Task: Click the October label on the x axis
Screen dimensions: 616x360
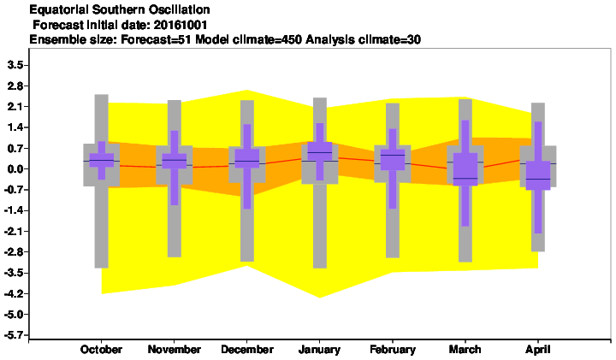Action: tap(101, 350)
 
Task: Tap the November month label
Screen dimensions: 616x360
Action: tap(174, 350)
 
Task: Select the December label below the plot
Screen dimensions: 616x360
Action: tap(247, 350)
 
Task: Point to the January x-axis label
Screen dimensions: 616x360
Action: tap(319, 350)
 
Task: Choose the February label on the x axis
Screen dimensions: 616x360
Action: tap(393, 350)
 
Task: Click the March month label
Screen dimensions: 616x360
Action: tap(465, 350)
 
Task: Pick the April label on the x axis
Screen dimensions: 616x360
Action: tap(538, 350)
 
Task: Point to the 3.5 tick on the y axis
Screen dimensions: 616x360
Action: tap(15, 65)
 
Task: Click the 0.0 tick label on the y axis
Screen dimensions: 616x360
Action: tap(15, 169)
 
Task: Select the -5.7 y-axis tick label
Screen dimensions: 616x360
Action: tap(14, 335)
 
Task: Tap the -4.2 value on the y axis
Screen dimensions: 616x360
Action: tap(14, 293)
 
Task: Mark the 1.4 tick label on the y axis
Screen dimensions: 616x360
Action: tap(15, 127)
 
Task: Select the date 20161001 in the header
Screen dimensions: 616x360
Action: tap(181, 25)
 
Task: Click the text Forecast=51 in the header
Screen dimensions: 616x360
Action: tap(156, 39)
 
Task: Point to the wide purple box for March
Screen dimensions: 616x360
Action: tap(465, 168)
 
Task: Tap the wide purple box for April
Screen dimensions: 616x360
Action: tap(538, 175)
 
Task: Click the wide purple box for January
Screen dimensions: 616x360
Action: tap(319, 151)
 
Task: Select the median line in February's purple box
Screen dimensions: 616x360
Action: tap(393, 155)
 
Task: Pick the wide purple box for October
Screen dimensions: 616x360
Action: tap(101, 160)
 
